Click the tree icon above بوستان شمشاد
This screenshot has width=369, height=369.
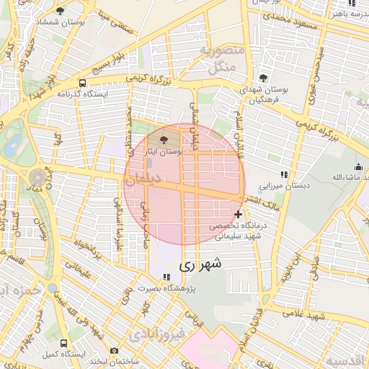60,11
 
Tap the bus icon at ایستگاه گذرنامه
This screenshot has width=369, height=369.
83,83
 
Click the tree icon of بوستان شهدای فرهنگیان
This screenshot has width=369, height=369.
263,78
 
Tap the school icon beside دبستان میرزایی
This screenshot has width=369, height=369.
285,174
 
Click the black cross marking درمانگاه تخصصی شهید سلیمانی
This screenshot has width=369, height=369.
239,214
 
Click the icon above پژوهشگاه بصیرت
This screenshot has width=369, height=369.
167,277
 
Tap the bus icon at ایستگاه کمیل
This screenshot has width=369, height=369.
64,344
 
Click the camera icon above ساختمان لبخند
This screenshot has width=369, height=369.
114,350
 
